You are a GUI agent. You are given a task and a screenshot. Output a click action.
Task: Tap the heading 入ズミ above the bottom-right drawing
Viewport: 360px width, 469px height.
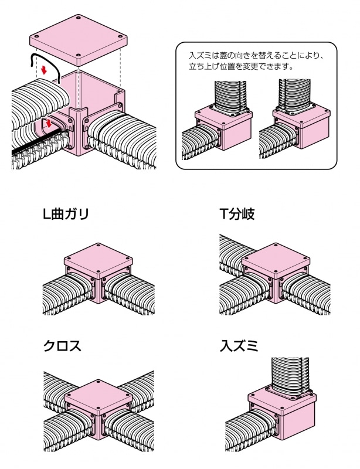tap(239, 345)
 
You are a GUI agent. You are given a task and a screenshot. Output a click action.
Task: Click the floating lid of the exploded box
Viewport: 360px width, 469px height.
tap(79, 39)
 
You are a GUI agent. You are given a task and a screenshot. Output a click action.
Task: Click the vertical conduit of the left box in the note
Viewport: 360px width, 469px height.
tap(231, 94)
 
